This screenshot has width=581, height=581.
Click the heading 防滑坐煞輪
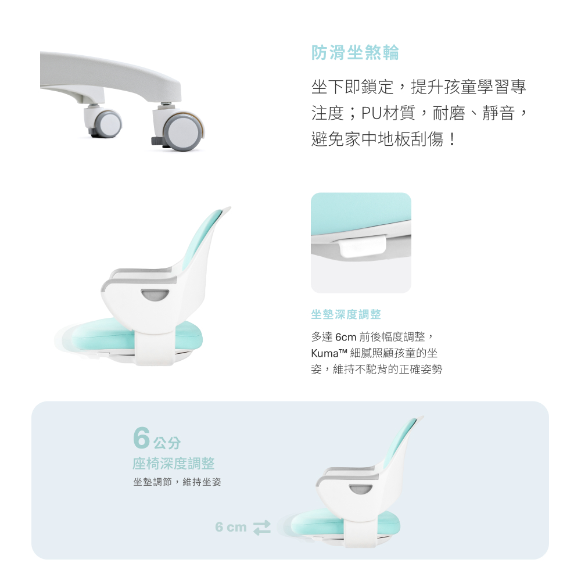click(x=355, y=52)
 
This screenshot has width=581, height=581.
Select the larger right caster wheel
click(x=184, y=131)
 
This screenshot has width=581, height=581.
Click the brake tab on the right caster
click(x=156, y=141)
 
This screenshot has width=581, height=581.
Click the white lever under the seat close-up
click(x=363, y=247)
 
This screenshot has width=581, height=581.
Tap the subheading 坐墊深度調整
click(x=346, y=314)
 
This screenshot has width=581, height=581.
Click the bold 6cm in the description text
click(x=345, y=337)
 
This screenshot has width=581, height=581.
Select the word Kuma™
click(x=329, y=353)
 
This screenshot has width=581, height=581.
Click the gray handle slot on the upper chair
click(x=155, y=295)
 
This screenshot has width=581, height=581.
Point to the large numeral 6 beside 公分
click(x=142, y=437)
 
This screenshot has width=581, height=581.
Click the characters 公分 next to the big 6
click(x=167, y=442)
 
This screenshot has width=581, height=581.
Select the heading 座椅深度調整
click(x=173, y=464)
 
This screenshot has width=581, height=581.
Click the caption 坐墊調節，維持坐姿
click(x=177, y=482)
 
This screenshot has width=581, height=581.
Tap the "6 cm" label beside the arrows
click(x=231, y=527)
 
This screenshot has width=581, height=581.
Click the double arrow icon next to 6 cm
click(x=262, y=528)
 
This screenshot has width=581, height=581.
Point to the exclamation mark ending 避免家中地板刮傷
click(x=451, y=139)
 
